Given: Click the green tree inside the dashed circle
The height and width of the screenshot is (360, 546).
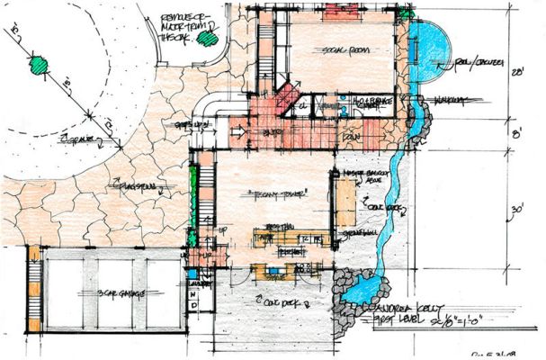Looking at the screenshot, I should coord(39,65).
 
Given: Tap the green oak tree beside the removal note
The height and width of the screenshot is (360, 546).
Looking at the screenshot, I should coord(209,38).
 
